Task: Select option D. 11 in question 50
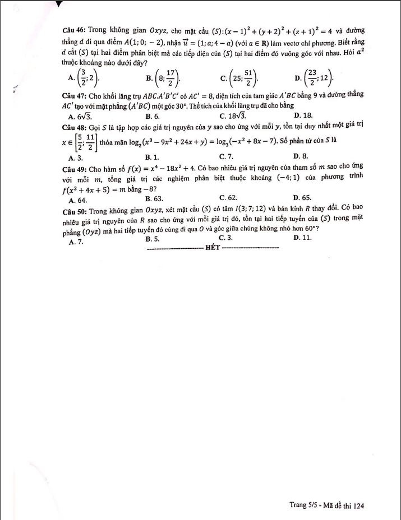[x=302, y=238]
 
